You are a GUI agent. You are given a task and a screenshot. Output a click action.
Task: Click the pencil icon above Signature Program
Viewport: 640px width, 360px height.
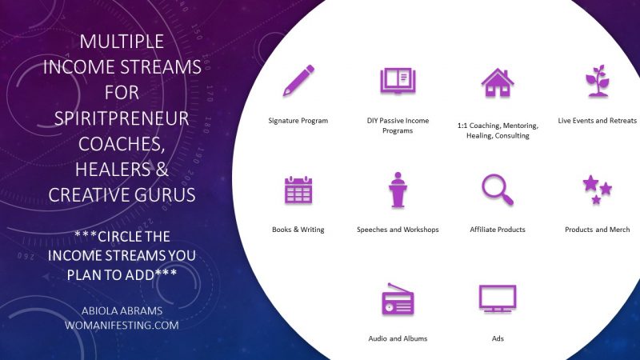coord(298,81)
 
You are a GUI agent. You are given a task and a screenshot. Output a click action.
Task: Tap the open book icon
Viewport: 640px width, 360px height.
coord(398,82)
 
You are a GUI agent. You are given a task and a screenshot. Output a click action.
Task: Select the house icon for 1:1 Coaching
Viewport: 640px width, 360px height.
coord(497,82)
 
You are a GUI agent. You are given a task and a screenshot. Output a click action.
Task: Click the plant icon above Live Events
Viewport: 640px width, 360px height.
coord(597,82)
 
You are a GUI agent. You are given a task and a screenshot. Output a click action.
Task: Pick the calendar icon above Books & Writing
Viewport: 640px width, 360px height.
coord(298,190)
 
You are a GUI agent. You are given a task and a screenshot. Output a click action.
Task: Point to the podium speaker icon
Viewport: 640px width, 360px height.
coord(398,190)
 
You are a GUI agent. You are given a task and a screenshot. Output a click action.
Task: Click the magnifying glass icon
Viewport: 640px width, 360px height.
coord(497,190)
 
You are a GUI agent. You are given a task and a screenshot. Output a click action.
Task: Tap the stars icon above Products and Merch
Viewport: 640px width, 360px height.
coord(597,190)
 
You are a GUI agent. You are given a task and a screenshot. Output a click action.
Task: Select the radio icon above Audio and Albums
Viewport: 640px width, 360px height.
coord(398,299)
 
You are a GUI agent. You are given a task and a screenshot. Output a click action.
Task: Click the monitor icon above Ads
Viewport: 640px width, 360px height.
coord(497,298)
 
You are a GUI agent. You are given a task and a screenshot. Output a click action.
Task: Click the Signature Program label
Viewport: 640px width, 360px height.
coord(298,121)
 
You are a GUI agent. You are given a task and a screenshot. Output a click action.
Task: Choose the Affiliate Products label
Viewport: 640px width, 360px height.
coord(497,230)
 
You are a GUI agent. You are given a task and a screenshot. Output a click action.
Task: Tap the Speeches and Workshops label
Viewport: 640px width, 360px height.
coord(398,230)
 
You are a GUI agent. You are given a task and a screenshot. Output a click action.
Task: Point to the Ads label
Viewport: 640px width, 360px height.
coord(497,338)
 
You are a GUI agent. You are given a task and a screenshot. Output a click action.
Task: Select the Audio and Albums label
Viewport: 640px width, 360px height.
coord(398,338)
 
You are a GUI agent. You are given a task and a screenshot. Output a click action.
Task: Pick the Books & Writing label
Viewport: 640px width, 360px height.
coord(298,230)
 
